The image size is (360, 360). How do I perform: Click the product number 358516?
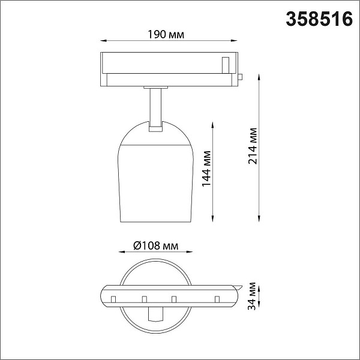[319, 19]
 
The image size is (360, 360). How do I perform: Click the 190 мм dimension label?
[166, 34]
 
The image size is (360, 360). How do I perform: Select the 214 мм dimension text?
[253, 146]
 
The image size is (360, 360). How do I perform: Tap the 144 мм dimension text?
[206, 169]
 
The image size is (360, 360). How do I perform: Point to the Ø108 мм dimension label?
[155, 245]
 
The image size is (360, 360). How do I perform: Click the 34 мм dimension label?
[252, 296]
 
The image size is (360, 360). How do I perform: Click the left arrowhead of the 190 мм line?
[104, 41]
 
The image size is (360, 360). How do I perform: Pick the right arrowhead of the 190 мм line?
[234, 41]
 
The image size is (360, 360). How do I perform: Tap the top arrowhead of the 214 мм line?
[259, 77]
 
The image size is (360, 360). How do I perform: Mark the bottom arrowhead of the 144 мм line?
[212, 219]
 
